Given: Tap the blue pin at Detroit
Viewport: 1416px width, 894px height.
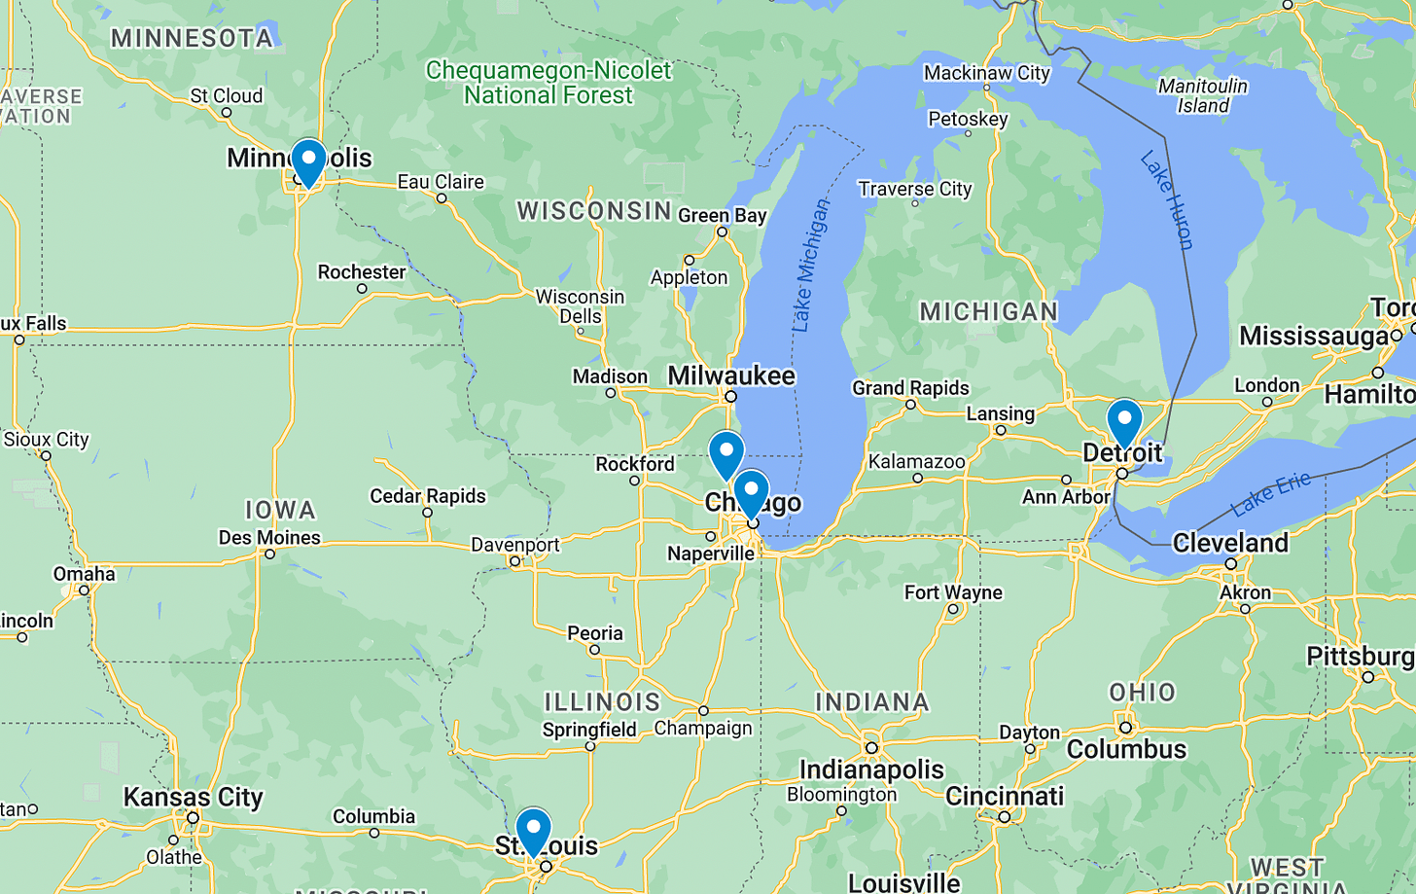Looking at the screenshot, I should click(1124, 422).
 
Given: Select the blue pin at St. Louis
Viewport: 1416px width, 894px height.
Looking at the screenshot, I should click(533, 831).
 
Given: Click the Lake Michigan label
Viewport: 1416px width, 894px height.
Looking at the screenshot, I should click(810, 266).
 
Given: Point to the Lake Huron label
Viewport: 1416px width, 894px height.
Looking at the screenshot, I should click(1167, 199).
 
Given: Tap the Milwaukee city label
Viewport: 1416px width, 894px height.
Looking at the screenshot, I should click(730, 375).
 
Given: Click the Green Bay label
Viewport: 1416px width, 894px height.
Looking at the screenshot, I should click(722, 215).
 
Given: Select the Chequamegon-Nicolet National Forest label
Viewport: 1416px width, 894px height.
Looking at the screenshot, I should click(549, 83).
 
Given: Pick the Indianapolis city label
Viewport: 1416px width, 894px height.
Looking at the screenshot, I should click(871, 769).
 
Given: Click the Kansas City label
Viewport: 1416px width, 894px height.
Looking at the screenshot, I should click(193, 798).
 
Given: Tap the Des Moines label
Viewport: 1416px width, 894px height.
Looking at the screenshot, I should click(269, 537).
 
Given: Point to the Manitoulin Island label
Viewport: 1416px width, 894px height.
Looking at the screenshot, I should click(1202, 95).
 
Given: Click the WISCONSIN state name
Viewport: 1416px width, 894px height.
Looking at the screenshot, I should click(594, 210).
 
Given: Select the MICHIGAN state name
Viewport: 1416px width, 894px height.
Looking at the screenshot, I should click(988, 311).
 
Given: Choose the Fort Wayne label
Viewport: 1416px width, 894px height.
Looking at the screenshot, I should click(953, 592).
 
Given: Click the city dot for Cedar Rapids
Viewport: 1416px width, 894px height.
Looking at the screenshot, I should click(427, 513).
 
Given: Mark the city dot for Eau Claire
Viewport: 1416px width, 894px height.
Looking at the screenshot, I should click(442, 198).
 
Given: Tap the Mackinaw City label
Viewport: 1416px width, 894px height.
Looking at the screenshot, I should click(986, 73).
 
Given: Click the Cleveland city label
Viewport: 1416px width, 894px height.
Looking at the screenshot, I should click(1230, 542).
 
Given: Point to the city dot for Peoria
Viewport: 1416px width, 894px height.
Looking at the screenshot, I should click(594, 650).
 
